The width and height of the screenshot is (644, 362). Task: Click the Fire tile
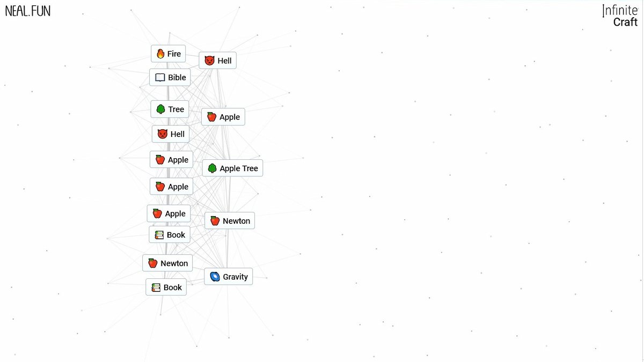(x=168, y=54)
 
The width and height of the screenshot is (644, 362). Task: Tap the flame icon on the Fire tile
(x=160, y=54)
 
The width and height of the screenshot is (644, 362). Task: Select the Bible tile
(x=170, y=77)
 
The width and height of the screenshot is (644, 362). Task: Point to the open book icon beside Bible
(x=160, y=77)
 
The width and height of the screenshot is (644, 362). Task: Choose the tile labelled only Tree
(x=170, y=109)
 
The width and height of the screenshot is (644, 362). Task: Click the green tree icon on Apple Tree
(x=212, y=168)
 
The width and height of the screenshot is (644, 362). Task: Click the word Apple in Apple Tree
(x=230, y=168)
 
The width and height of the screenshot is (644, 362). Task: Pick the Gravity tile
(x=229, y=277)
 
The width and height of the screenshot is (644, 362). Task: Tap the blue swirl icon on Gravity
(x=215, y=277)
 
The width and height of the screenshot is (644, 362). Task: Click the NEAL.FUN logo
(x=28, y=11)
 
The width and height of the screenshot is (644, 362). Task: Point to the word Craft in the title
(x=625, y=22)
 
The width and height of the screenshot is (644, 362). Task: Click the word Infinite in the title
(x=620, y=11)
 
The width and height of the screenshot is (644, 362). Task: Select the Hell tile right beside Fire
(x=218, y=61)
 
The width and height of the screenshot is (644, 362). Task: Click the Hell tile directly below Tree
(x=171, y=134)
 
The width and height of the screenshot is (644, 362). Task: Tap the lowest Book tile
(x=166, y=287)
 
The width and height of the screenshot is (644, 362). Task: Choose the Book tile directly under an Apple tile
(x=170, y=235)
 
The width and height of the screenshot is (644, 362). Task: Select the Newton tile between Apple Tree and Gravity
(x=230, y=220)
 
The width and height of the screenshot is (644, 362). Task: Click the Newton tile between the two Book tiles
(x=167, y=263)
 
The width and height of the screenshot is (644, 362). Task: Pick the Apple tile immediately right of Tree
(x=223, y=117)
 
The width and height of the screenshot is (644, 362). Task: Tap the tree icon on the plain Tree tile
(x=160, y=109)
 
